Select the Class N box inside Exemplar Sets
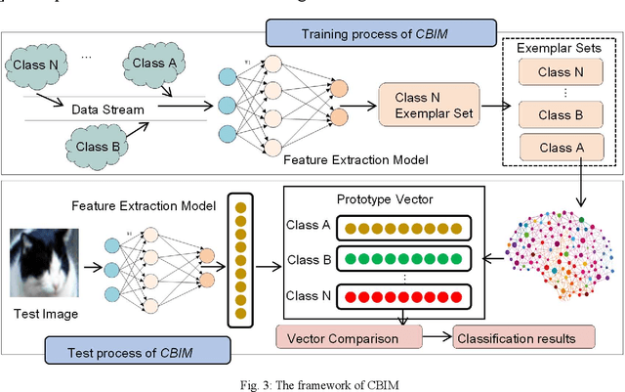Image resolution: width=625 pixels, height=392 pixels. point(563,71)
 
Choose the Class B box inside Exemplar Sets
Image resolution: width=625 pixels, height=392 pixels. point(563,116)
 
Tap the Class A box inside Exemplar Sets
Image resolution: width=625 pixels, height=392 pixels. point(563,148)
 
